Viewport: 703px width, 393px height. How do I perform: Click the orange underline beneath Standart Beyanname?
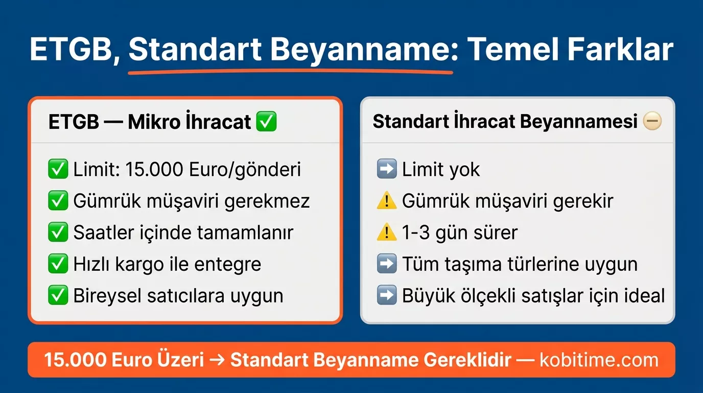(290, 72)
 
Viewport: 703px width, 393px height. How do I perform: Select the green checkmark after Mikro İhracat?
(266, 122)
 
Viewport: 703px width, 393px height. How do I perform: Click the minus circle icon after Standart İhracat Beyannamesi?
(652, 122)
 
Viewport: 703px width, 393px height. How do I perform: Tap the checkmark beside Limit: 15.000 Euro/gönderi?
(58, 169)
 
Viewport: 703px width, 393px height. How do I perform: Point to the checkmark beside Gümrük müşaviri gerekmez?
(58, 201)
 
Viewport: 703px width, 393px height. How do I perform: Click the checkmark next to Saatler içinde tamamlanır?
(58, 233)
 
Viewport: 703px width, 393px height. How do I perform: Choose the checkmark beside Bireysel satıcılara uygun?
(58, 296)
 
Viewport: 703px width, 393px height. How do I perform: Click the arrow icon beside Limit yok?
(387, 169)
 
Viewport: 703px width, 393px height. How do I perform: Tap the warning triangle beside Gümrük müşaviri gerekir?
(387, 201)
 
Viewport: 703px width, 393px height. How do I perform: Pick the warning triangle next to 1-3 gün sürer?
(387, 233)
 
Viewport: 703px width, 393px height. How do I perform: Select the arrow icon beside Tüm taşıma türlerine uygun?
(387, 265)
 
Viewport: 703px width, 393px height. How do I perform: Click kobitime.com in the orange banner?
(599, 360)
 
